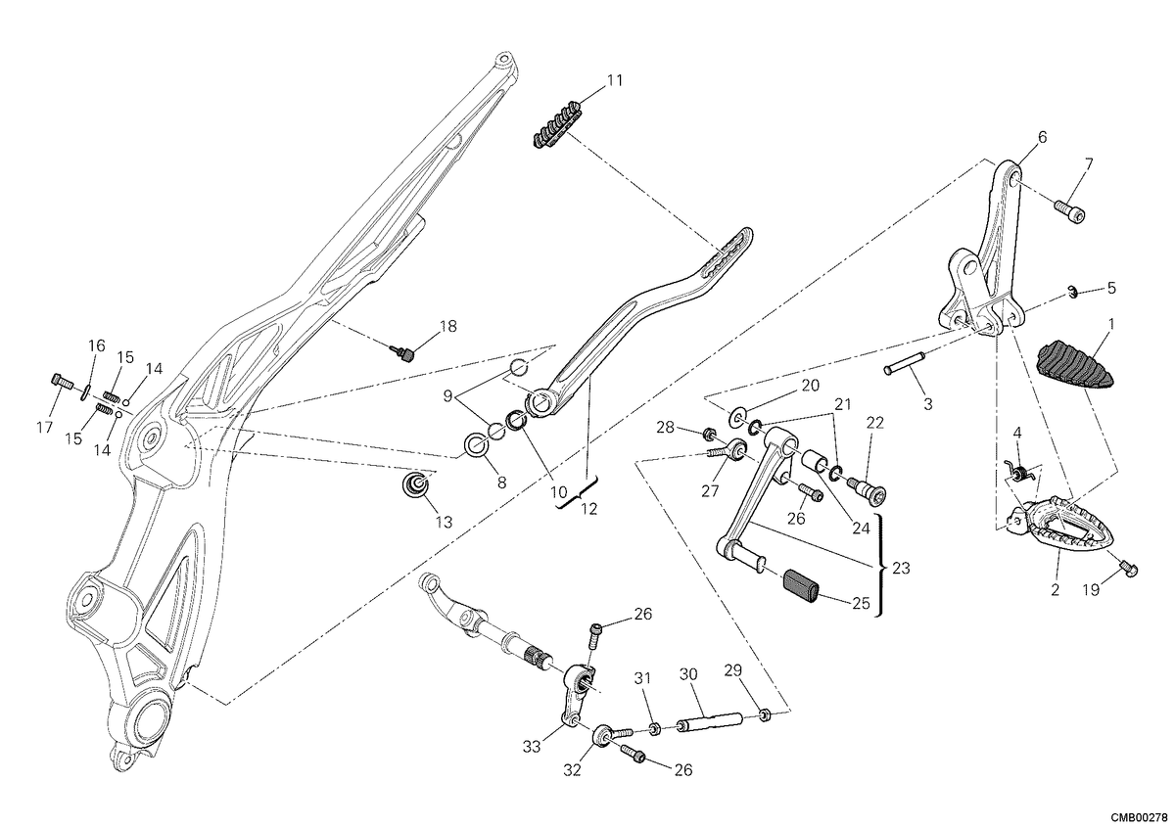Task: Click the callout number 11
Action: click(x=615, y=81)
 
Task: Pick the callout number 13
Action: click(x=444, y=523)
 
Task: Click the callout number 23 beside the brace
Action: click(x=901, y=568)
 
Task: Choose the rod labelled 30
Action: click(x=710, y=722)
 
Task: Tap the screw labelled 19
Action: click(x=1128, y=568)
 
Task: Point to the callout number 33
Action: click(x=532, y=746)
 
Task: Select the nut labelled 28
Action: click(x=709, y=434)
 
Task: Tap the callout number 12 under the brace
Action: click(x=589, y=509)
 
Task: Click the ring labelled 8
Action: click(x=476, y=445)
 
